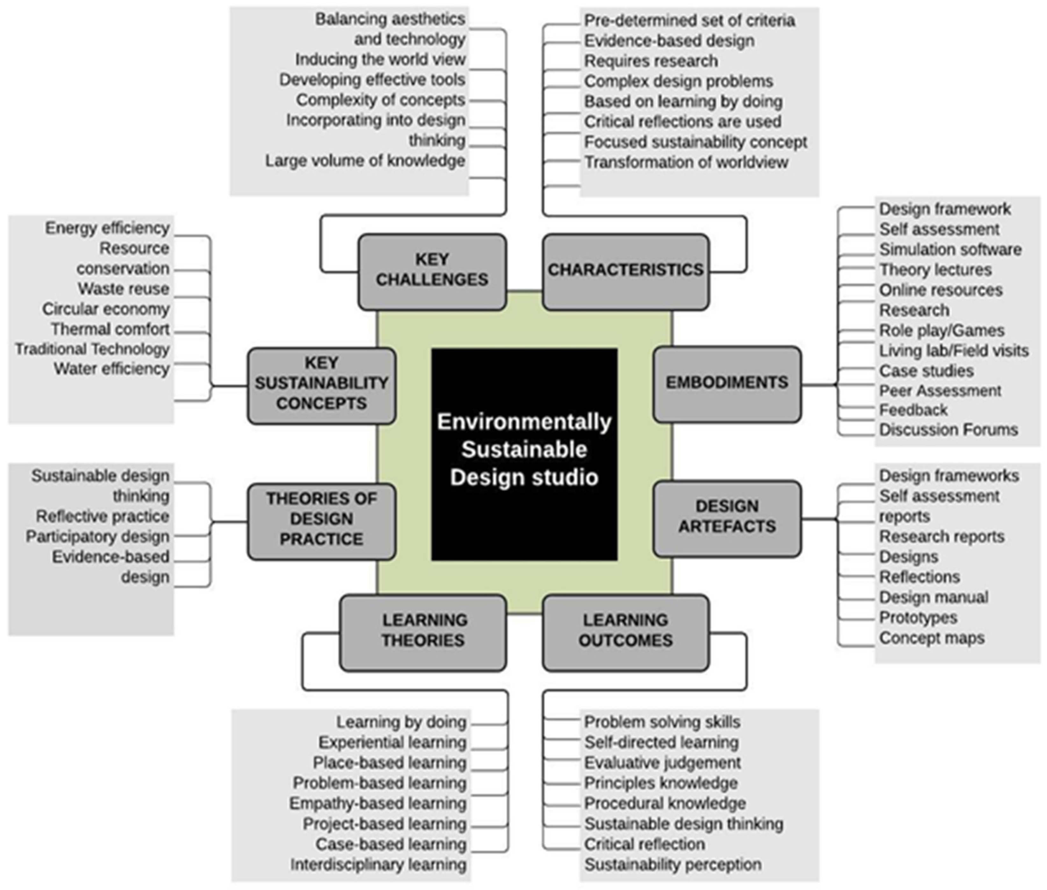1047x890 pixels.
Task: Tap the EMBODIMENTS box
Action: (x=726, y=383)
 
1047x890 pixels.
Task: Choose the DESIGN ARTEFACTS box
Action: (x=726, y=517)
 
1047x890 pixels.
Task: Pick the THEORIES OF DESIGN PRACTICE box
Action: (x=321, y=520)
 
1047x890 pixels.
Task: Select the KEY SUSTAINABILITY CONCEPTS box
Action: (x=321, y=384)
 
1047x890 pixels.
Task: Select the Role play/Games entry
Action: (x=942, y=330)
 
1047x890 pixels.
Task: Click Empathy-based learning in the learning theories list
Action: (x=378, y=803)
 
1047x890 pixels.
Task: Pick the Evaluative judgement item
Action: (x=662, y=763)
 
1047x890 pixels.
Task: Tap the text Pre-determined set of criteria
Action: (x=689, y=21)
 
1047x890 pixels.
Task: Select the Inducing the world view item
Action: (x=380, y=60)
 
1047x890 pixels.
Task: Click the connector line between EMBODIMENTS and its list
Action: (x=819, y=385)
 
